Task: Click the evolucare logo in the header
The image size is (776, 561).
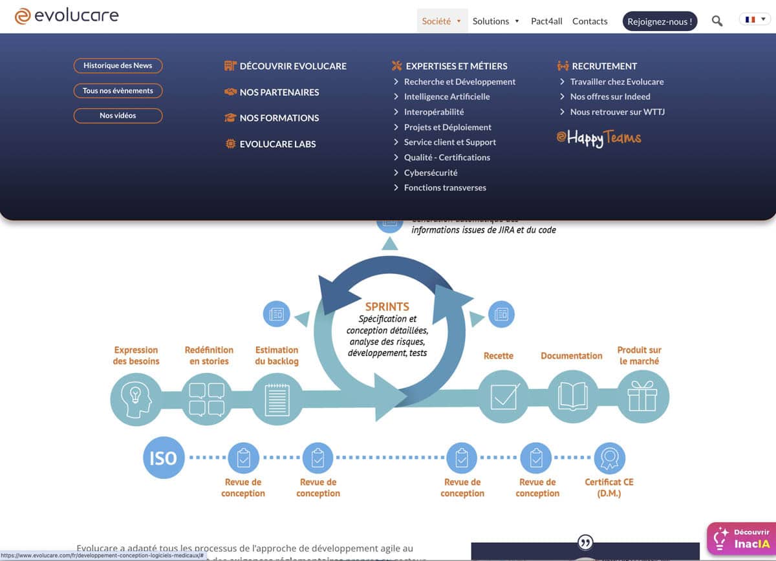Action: [x=67, y=16]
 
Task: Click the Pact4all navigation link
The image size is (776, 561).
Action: [x=546, y=21]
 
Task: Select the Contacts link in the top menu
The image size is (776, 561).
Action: [x=590, y=21]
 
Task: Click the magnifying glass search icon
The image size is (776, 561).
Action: [x=717, y=21]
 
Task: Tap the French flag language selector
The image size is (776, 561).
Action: [x=754, y=20]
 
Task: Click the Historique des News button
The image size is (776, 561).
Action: [x=118, y=66]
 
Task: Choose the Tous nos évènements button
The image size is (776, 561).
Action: [x=118, y=91]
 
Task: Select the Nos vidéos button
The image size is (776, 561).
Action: [x=118, y=116]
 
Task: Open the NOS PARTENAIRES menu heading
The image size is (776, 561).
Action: [x=279, y=92]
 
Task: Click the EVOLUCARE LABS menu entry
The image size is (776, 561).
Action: [x=277, y=144]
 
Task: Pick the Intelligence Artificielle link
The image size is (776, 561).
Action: [x=446, y=97]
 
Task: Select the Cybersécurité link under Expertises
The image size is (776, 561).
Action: [x=430, y=173]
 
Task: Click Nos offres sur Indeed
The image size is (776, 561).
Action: [x=610, y=97]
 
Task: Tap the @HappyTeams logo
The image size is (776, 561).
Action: [x=599, y=138]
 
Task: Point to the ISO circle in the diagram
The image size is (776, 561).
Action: [x=163, y=458]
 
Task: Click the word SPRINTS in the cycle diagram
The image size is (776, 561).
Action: [x=387, y=307]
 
